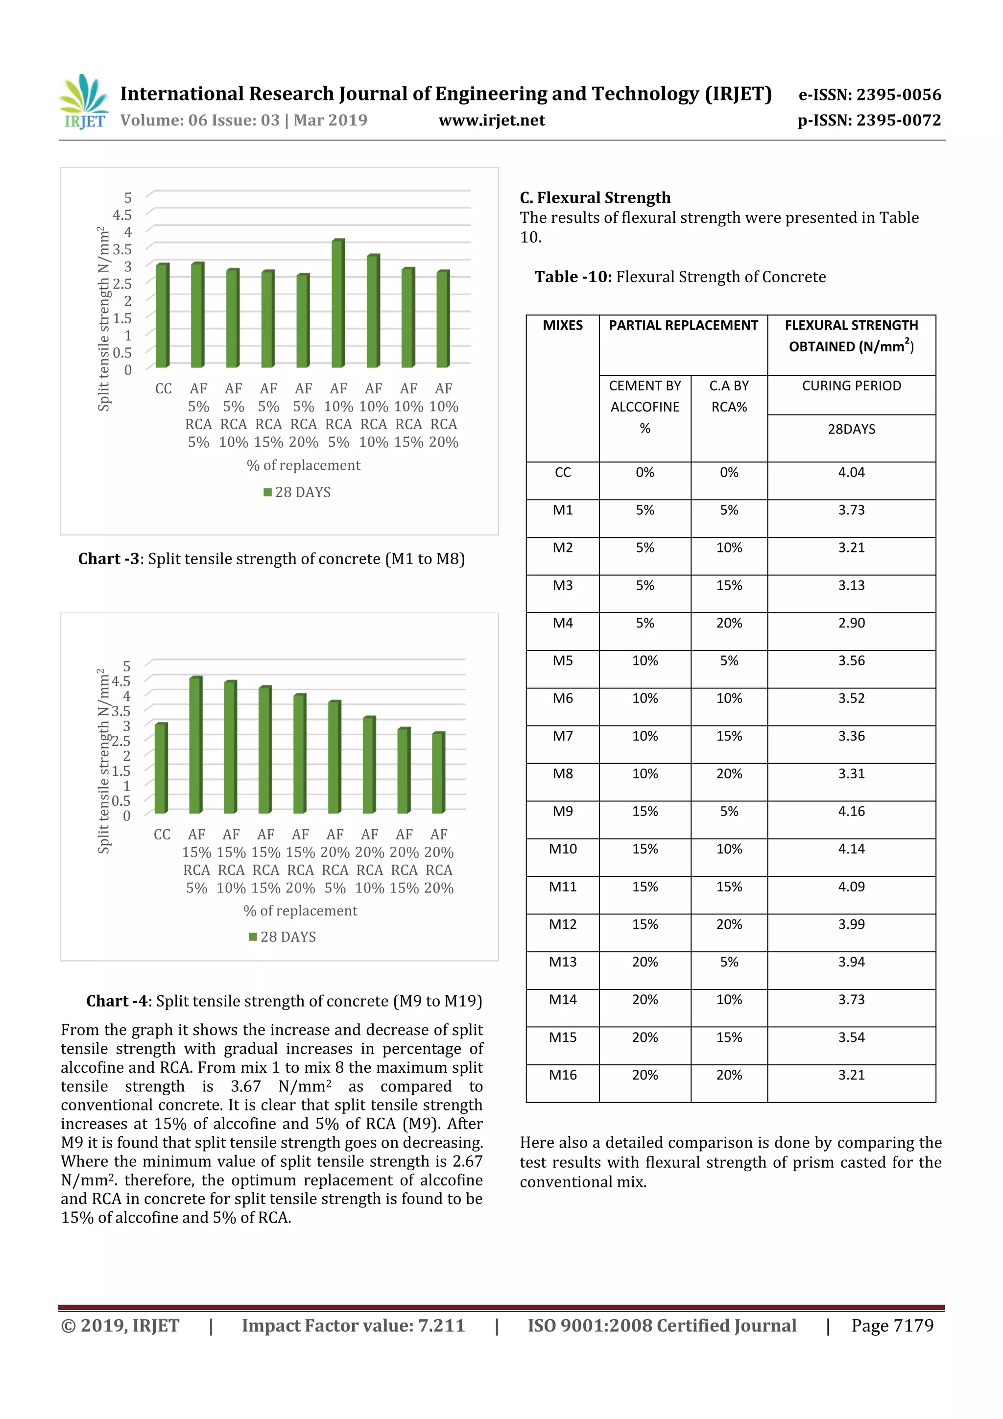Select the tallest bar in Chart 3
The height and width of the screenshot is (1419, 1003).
337,303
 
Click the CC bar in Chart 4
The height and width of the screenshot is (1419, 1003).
161,768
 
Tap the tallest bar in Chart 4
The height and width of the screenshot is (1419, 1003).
195,745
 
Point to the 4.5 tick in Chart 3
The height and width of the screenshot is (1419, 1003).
122,215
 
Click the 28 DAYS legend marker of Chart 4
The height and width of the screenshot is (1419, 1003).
253,937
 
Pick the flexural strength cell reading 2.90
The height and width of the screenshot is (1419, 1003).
851,623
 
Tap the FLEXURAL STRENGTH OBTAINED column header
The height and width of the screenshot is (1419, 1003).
851,336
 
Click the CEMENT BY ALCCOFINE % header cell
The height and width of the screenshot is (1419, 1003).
645,407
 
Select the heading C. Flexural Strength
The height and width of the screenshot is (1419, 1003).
595,198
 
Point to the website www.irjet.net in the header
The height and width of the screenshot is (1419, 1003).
492,120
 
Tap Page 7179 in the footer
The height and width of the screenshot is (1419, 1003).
892,1325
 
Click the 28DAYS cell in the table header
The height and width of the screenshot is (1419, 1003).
851,429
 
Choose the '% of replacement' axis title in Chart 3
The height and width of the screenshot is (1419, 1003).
303,465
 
